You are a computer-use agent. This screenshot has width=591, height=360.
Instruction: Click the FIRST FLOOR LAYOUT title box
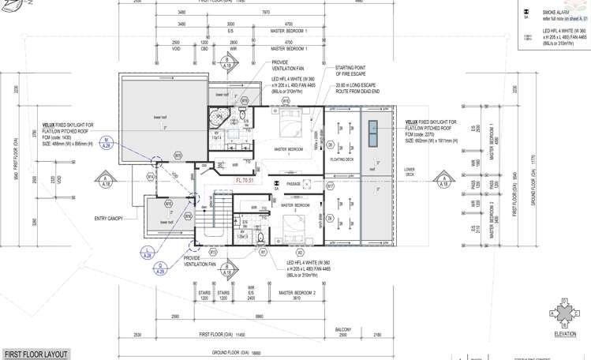[36, 354]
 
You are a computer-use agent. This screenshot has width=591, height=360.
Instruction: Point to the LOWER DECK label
[409, 171]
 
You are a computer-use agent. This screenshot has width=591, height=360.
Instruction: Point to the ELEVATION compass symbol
[565, 313]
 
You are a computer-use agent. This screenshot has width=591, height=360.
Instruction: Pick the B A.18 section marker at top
[228, 62]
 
